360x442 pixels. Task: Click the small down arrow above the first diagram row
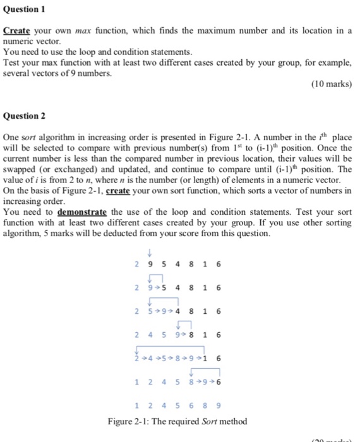[x=148, y=254]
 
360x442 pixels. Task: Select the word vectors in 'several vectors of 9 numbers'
[x=41, y=73]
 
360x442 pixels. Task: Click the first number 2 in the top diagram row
[x=137, y=263]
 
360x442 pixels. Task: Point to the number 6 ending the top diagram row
[x=219, y=263]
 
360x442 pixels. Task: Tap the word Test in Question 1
[x=13, y=63]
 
